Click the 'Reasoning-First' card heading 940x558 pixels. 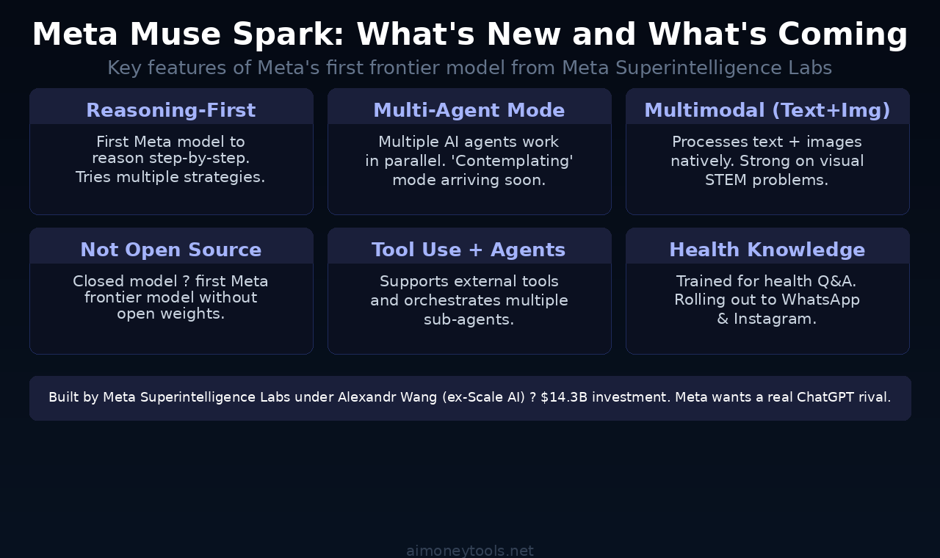pos(170,110)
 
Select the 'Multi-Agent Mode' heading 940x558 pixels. pos(469,110)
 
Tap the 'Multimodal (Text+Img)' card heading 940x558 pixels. pos(767,110)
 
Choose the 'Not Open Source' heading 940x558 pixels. pos(170,250)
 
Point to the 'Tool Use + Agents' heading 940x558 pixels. pos(469,250)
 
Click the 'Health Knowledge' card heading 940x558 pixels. pos(767,250)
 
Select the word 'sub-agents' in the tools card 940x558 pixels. pos(468,319)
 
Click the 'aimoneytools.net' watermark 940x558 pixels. pos(470,551)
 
